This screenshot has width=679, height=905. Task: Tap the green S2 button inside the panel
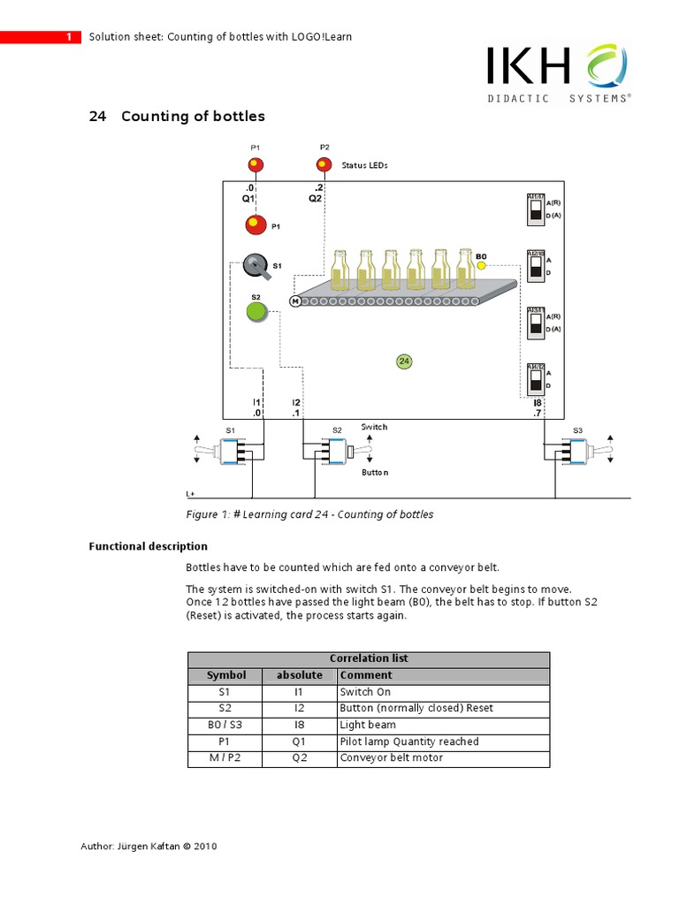pos(256,312)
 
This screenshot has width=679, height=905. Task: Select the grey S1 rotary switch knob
pos(256,264)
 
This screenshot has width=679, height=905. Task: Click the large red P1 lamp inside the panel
pos(256,224)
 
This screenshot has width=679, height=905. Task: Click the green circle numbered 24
pos(404,361)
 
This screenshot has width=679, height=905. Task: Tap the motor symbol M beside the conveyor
pos(295,301)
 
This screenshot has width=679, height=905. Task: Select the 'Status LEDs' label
pos(364,165)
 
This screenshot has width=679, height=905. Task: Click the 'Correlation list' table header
pos(369,659)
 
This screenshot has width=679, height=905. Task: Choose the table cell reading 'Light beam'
pos(368,725)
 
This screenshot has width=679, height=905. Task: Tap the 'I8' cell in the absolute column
pos(299,725)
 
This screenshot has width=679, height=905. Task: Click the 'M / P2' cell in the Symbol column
pos(225,758)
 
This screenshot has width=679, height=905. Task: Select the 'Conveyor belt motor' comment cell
pos(391,758)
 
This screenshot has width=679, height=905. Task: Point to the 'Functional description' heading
pos(148,546)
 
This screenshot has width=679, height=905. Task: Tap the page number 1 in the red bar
pos(69,37)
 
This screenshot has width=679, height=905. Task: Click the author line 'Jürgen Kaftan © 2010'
pos(149,846)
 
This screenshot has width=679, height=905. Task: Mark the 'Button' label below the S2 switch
pos(375,473)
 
